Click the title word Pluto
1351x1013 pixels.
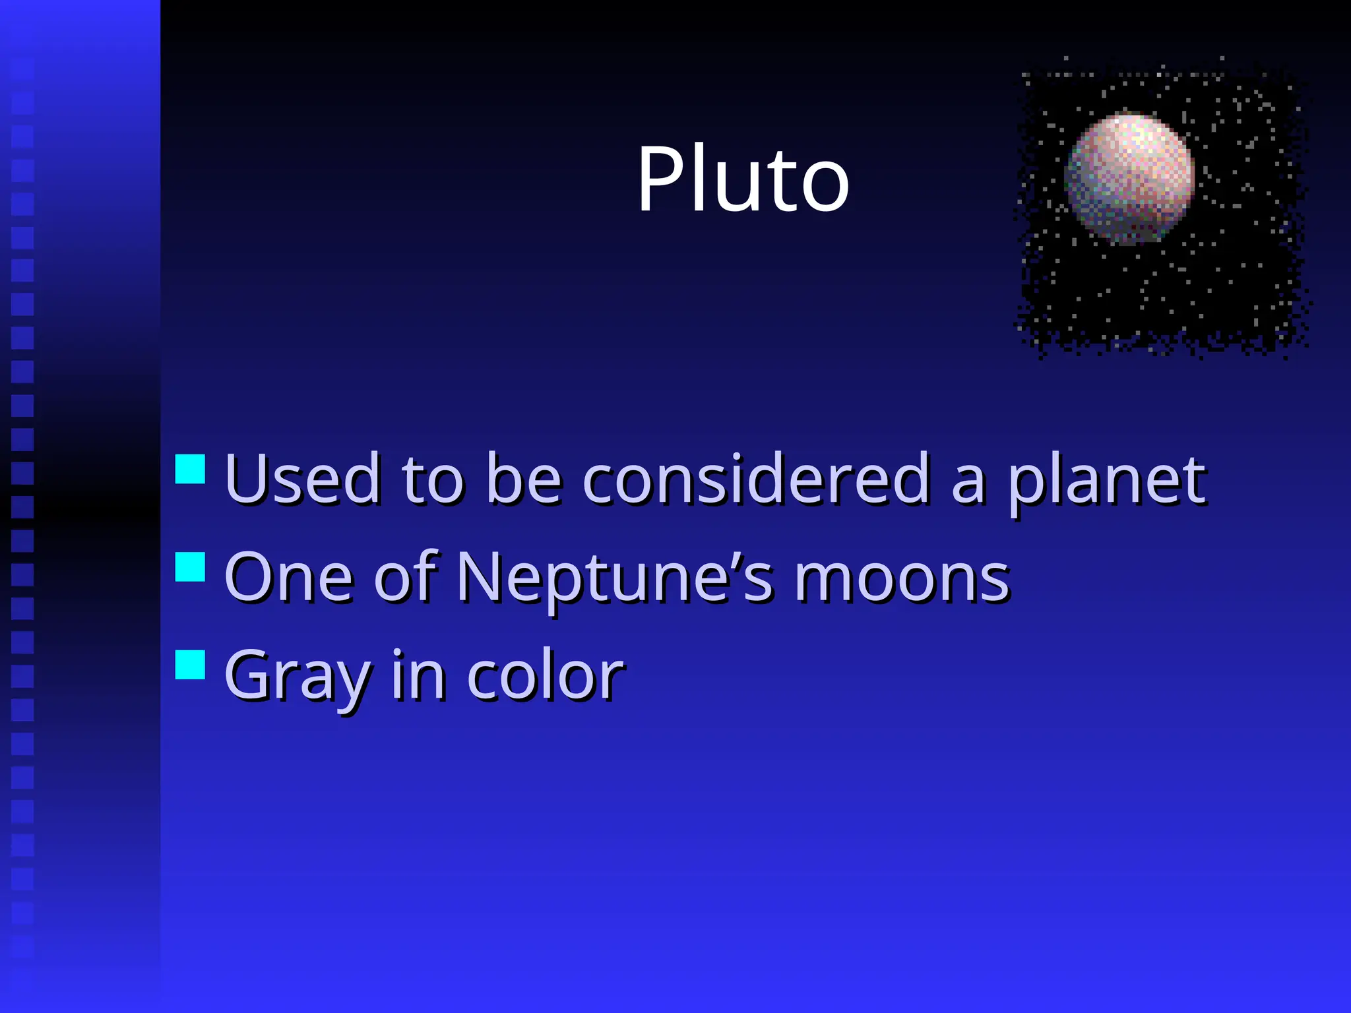pos(743,179)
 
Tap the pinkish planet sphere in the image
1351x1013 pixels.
pos(1130,178)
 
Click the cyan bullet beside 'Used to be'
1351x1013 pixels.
pos(190,469)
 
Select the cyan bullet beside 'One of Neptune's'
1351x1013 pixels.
pos(190,567)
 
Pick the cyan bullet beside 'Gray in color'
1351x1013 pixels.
pos(190,664)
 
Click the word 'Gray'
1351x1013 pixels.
pos(297,677)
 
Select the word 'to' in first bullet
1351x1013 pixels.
pos(432,480)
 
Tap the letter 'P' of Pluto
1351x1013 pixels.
pos(662,179)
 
